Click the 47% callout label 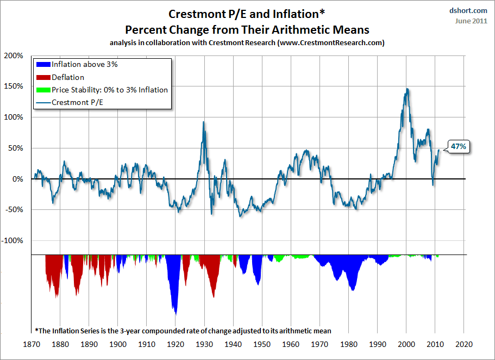point(458,146)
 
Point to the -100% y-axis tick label point(14,240)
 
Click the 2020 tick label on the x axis point(463,344)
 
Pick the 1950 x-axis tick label point(262,344)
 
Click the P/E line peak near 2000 point(407,89)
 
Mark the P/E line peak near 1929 point(203,122)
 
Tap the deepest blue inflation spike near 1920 point(175,313)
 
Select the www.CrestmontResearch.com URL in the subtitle point(330,43)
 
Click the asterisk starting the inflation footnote point(36,330)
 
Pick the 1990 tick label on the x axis point(377,344)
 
